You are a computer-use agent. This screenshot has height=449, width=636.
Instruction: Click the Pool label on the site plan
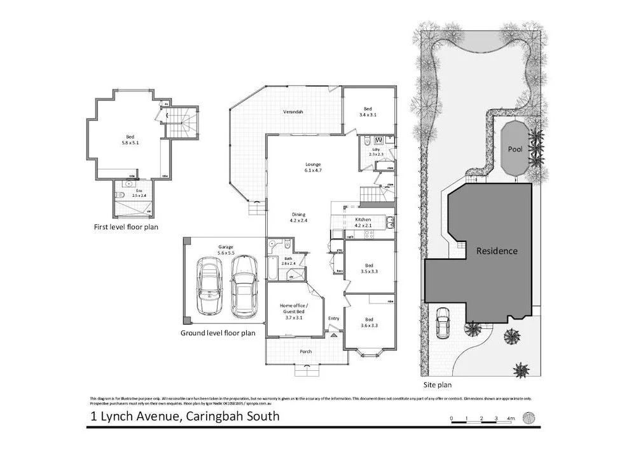[515, 149]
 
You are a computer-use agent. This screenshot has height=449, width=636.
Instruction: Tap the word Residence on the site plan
[497, 251]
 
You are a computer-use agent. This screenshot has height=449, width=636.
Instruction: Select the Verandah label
[293, 112]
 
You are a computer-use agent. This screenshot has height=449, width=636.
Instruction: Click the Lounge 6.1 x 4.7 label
[313, 167]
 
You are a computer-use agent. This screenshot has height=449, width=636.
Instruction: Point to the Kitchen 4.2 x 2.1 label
[362, 223]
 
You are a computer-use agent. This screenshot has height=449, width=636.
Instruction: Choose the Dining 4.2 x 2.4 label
[298, 218]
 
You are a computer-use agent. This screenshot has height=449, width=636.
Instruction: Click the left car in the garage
[209, 286]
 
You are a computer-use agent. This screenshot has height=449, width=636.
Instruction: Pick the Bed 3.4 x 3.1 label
[368, 112]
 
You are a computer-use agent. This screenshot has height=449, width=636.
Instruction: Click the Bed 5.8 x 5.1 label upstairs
[130, 140]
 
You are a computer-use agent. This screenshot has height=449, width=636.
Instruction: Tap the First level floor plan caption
[125, 226]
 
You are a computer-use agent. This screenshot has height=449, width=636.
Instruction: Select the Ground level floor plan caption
[218, 332]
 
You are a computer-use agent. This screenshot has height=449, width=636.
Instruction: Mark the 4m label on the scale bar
[510, 419]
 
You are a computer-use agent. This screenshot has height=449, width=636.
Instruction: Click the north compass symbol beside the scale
[529, 417]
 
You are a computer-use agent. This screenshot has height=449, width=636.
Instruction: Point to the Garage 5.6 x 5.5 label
[226, 250]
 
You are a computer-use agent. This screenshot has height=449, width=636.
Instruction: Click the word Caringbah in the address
[213, 417]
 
